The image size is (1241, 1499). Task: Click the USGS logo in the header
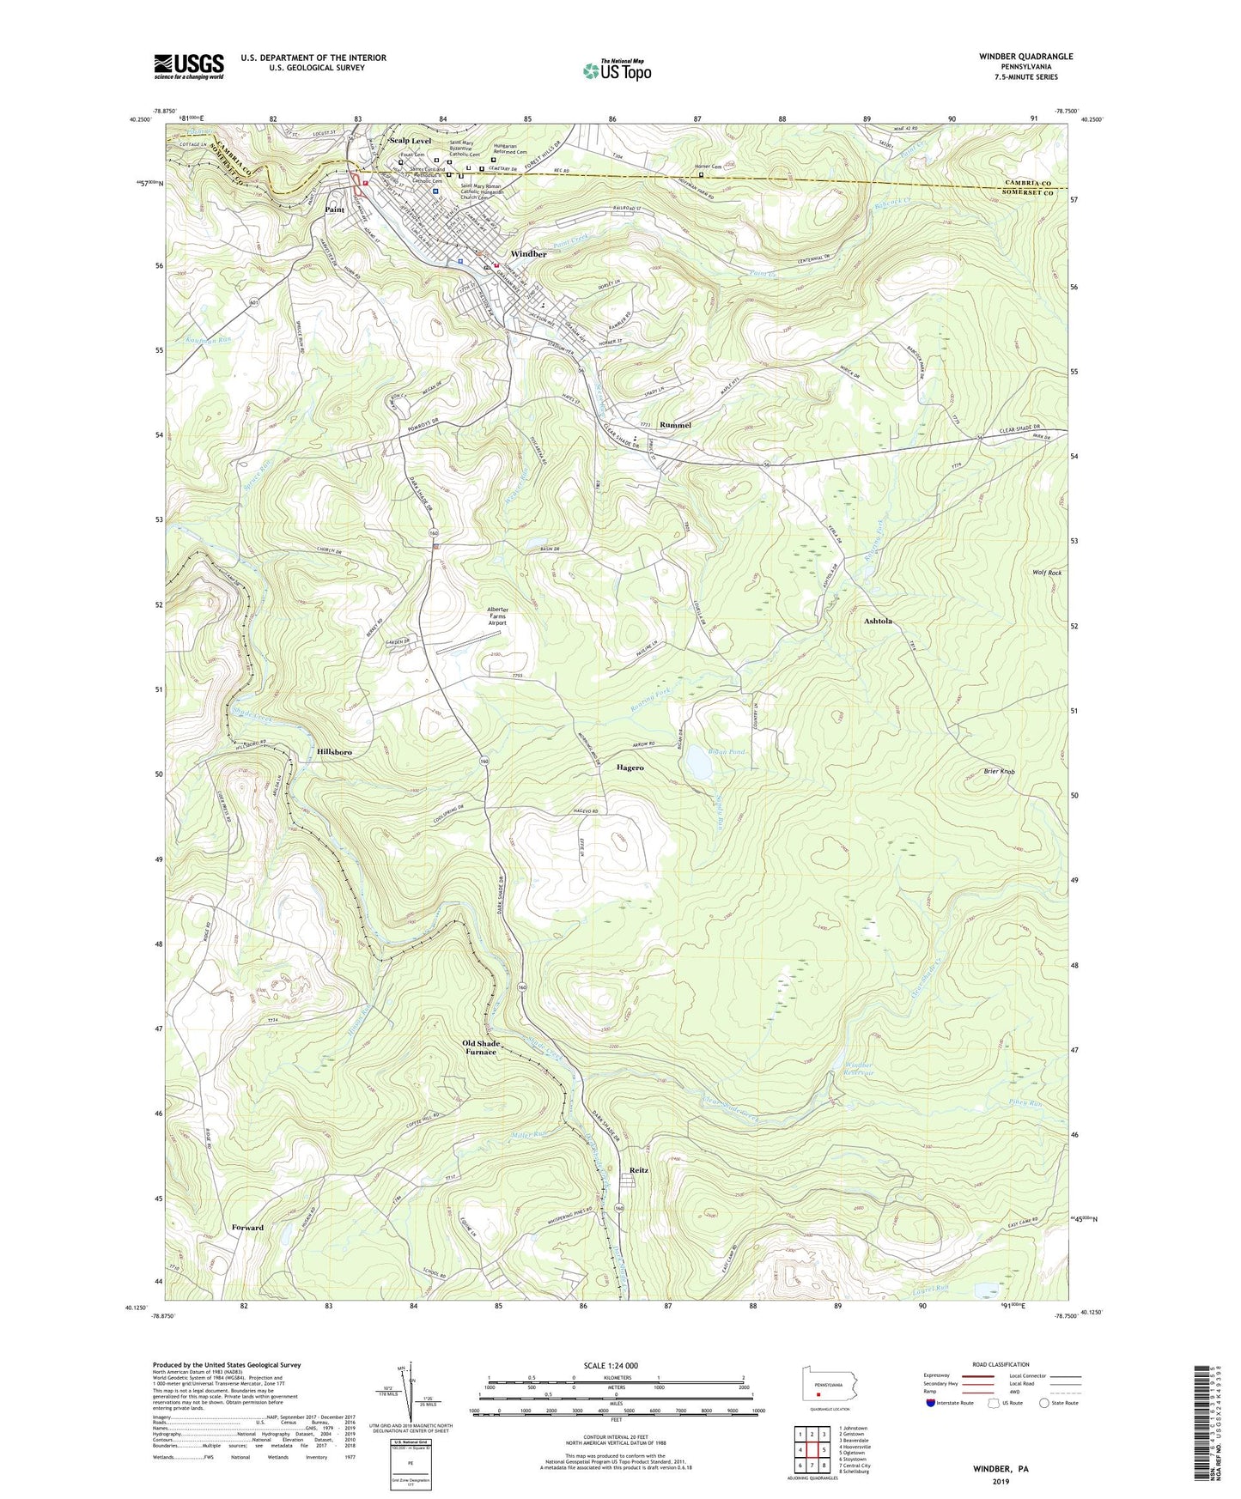[189, 66]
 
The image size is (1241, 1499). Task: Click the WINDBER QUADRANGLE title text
[1013, 57]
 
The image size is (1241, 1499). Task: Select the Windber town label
[528, 254]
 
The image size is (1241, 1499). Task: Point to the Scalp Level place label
[410, 140]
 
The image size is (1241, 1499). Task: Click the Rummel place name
[675, 425]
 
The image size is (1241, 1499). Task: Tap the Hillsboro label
[334, 751]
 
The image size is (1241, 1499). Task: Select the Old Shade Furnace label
[481, 1047]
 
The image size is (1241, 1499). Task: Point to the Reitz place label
[638, 1170]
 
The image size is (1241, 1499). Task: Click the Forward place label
[247, 1228]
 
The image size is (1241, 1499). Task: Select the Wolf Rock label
[1048, 573]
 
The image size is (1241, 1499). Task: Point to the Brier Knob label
[999, 772]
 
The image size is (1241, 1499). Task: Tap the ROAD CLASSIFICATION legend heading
[1001, 1364]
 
